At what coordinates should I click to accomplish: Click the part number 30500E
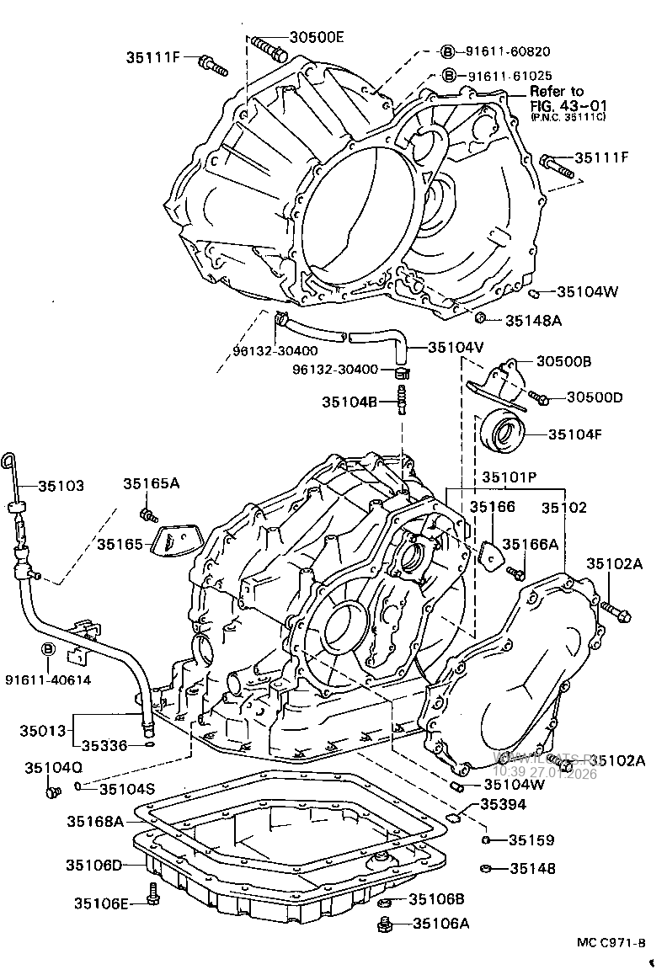317,36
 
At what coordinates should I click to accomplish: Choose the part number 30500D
594,397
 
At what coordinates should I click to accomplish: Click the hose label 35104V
456,346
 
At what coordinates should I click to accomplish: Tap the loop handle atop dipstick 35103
8,460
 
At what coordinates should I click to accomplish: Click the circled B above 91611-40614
48,649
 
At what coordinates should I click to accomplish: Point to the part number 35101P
510,477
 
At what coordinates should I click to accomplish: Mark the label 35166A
531,545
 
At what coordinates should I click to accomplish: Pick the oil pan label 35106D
94,865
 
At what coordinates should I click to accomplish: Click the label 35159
531,839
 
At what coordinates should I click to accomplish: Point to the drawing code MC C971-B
611,944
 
